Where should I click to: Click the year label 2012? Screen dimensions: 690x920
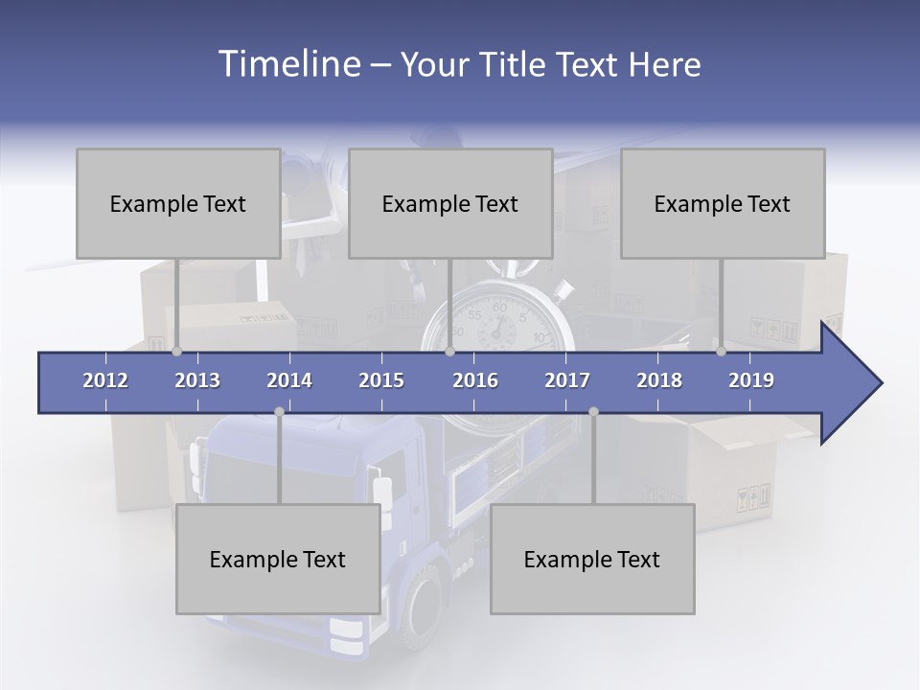click(x=105, y=380)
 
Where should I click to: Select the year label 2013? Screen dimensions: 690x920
click(x=197, y=380)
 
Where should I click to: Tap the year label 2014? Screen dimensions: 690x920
click(x=289, y=380)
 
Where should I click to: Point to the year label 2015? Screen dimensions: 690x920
click(x=381, y=380)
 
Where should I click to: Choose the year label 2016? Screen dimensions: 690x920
click(x=475, y=380)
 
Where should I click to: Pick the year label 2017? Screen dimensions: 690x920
click(x=567, y=380)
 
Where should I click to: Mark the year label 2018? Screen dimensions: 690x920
click(x=659, y=380)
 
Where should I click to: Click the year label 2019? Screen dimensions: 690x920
click(x=751, y=380)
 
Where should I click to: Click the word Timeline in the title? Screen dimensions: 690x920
click(x=287, y=64)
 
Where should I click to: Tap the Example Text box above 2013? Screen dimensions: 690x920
click(x=178, y=203)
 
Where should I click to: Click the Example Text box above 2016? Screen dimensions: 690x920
click(x=450, y=203)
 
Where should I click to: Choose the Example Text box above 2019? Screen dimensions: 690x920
click(x=723, y=203)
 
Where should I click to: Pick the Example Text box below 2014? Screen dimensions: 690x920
click(x=278, y=559)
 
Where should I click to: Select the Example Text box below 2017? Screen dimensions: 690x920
click(x=592, y=559)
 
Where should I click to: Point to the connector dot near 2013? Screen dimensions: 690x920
click(x=177, y=352)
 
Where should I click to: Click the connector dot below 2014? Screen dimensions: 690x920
click(x=279, y=411)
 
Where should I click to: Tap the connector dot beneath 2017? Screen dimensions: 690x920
click(x=593, y=411)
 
